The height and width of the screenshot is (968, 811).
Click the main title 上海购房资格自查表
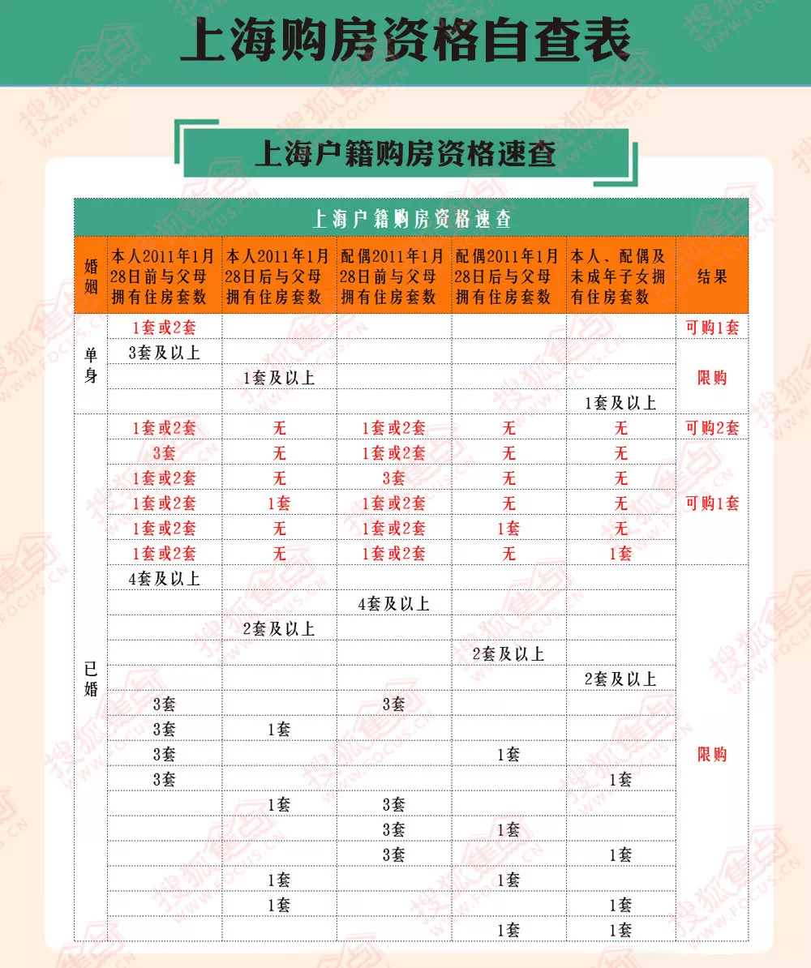(x=405, y=41)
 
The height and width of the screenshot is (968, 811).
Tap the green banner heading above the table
(x=405, y=152)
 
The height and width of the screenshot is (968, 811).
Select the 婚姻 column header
(x=91, y=276)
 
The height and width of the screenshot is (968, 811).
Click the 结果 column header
(x=712, y=276)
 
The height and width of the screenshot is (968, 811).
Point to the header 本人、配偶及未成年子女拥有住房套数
(x=620, y=276)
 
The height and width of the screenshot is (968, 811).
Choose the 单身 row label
(x=91, y=365)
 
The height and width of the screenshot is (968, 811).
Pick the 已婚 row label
(x=91, y=679)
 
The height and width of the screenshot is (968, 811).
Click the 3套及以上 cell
(x=165, y=353)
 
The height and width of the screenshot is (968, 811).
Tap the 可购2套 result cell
(x=712, y=428)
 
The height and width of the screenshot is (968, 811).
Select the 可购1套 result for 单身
(x=712, y=328)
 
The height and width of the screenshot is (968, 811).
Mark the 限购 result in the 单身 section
(x=712, y=378)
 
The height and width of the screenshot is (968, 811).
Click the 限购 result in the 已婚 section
(x=712, y=755)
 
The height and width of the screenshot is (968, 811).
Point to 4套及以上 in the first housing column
(x=165, y=579)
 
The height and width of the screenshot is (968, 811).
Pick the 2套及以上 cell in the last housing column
(x=620, y=679)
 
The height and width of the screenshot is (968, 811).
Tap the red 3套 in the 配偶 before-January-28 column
(x=393, y=478)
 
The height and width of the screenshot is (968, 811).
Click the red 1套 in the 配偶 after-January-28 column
(x=508, y=529)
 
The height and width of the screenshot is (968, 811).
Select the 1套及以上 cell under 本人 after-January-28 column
(x=279, y=378)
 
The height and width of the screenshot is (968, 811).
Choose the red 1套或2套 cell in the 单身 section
(x=165, y=328)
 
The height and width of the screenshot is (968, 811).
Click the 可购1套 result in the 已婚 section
(x=712, y=503)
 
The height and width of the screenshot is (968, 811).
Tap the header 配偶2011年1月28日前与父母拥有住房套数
(x=393, y=276)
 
